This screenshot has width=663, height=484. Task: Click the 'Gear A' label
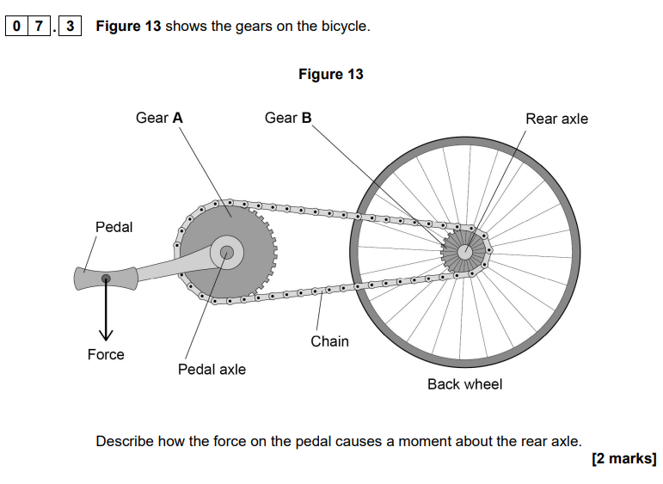pyautogui.click(x=159, y=118)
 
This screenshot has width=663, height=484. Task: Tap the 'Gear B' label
pyautogui.click(x=288, y=118)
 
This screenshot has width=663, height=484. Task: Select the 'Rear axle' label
pyautogui.click(x=556, y=119)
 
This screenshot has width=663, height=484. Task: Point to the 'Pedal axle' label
pyautogui.click(x=212, y=369)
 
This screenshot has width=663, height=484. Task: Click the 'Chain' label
pyautogui.click(x=329, y=341)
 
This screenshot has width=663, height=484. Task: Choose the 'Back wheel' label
pyautogui.click(x=464, y=383)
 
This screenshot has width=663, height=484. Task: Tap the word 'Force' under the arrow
pyautogui.click(x=106, y=354)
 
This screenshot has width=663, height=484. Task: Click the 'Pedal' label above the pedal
pyautogui.click(x=114, y=227)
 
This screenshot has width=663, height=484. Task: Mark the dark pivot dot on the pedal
pyautogui.click(x=106, y=279)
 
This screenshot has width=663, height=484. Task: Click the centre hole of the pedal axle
pyautogui.click(x=227, y=253)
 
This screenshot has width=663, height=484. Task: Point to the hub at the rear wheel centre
pyautogui.click(x=465, y=253)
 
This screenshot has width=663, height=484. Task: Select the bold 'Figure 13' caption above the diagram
pyautogui.click(x=331, y=74)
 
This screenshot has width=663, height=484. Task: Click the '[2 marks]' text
pyautogui.click(x=624, y=458)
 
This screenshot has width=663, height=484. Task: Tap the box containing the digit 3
pyautogui.click(x=70, y=26)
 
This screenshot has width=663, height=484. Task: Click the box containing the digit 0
pyautogui.click(x=16, y=26)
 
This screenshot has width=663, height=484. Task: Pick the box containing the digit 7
pyautogui.click(x=39, y=26)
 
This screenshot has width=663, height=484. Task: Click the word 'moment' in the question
pyautogui.click(x=425, y=441)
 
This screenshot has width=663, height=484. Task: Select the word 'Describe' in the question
pyautogui.click(x=125, y=441)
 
